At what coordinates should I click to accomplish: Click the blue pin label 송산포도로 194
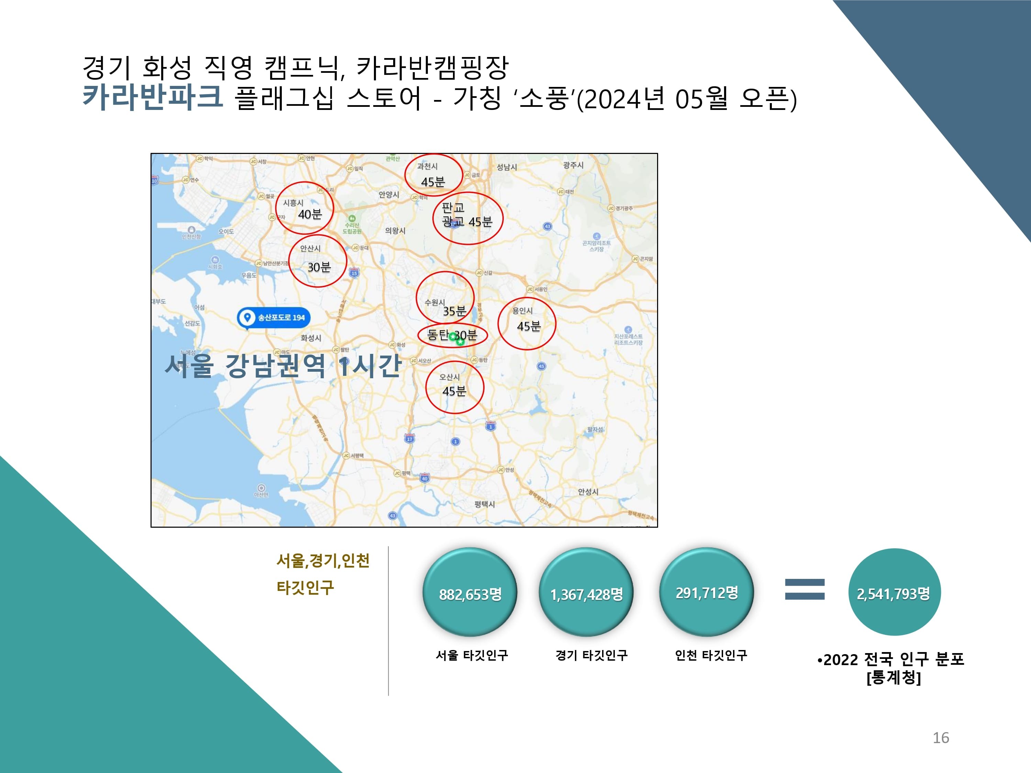[x=274, y=318]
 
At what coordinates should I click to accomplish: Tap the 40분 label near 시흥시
[x=310, y=214]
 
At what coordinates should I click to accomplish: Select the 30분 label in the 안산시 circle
[x=319, y=267]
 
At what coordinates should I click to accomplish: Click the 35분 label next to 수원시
[x=454, y=311]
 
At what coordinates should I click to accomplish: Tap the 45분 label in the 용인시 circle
[x=529, y=326]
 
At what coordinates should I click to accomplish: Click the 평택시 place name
[x=485, y=504]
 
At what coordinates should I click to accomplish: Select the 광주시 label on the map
[x=573, y=165]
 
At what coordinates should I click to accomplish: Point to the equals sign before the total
[x=805, y=589]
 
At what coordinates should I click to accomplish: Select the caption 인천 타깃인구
[x=711, y=655]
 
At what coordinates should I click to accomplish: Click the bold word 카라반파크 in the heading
[x=152, y=97]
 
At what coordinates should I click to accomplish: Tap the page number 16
[x=941, y=738]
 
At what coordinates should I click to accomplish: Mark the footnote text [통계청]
[x=894, y=677]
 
